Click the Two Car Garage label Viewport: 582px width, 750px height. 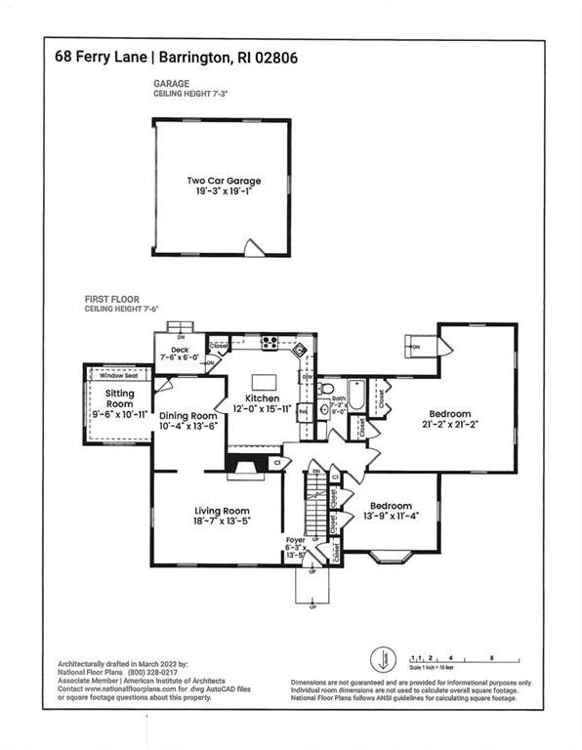[x=224, y=181]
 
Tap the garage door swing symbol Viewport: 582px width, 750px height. [x=255, y=247]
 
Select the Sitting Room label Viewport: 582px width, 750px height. [x=119, y=399]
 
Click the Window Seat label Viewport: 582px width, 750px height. [x=118, y=375]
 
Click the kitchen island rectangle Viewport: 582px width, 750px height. [x=262, y=382]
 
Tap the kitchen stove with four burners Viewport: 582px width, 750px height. [x=270, y=343]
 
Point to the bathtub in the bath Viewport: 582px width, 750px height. [x=355, y=396]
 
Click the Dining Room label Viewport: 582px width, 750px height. [x=187, y=415]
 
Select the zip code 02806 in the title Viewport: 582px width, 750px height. [x=274, y=58]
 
